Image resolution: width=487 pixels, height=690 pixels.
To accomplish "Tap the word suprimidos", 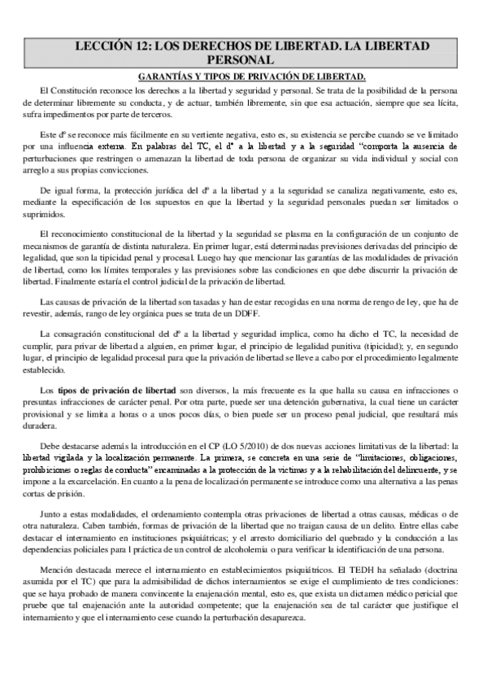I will pos(46,218).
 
